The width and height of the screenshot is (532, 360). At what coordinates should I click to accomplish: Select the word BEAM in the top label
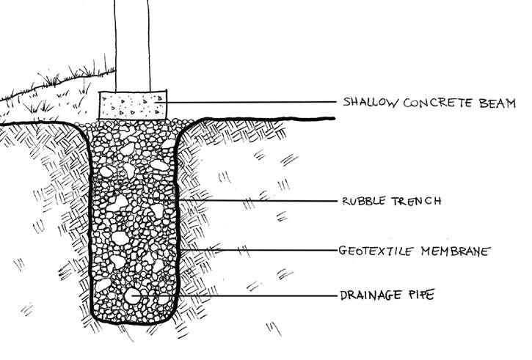pyautogui.click(x=500, y=101)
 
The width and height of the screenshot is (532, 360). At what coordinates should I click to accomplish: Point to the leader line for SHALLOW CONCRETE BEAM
pyautogui.click(x=249, y=101)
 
